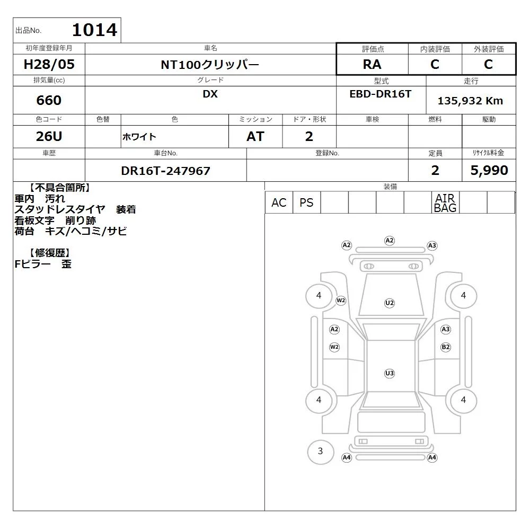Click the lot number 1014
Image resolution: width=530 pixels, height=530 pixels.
[x=95, y=30]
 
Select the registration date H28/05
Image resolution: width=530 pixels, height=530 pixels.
[x=49, y=64]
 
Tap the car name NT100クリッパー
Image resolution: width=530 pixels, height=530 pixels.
[x=210, y=65]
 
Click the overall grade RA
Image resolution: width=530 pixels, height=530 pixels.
[x=372, y=64]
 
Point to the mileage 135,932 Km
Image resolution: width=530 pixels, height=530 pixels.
[x=471, y=101]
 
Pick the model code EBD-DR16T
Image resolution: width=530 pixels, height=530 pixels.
[x=381, y=94]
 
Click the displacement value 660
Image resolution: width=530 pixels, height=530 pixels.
[x=49, y=100]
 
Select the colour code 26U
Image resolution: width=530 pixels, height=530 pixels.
[x=49, y=136]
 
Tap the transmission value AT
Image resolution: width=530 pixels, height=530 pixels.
[x=255, y=137]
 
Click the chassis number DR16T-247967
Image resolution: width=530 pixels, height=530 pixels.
[x=165, y=171]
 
